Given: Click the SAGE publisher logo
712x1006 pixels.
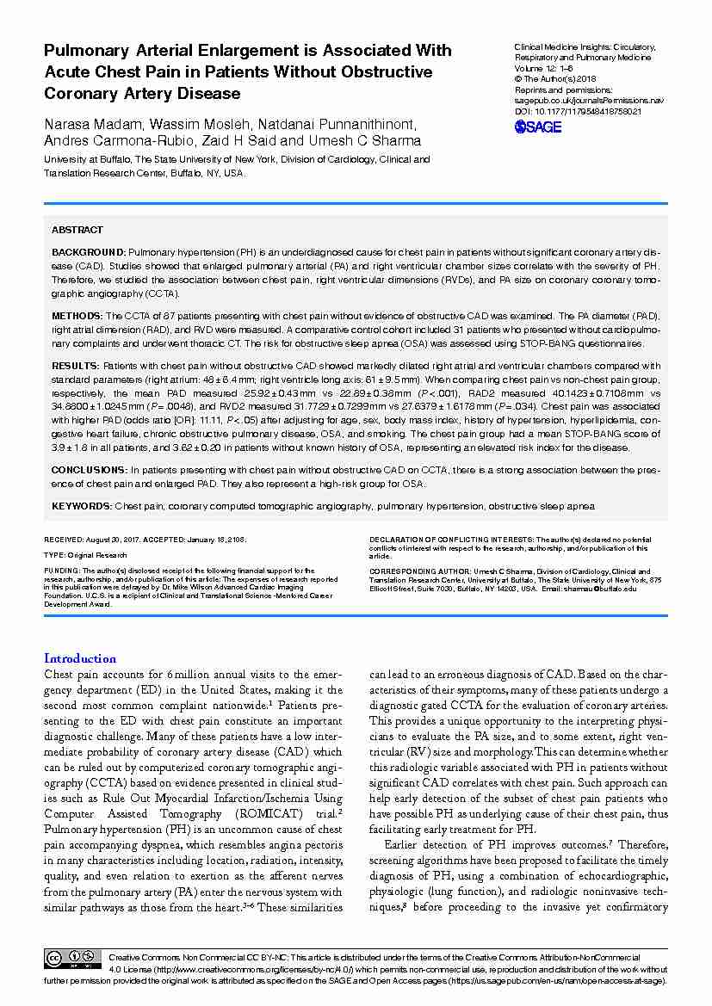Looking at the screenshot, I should coord(537,127).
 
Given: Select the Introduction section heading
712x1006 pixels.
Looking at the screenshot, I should coord(80,658).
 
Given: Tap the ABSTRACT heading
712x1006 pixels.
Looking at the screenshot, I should coord(77,230).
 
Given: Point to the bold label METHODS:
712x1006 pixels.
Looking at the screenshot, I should coord(76,316).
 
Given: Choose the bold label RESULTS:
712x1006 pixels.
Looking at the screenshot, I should coord(76,367).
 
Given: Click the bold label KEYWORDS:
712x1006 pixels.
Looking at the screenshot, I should coord(82,506).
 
